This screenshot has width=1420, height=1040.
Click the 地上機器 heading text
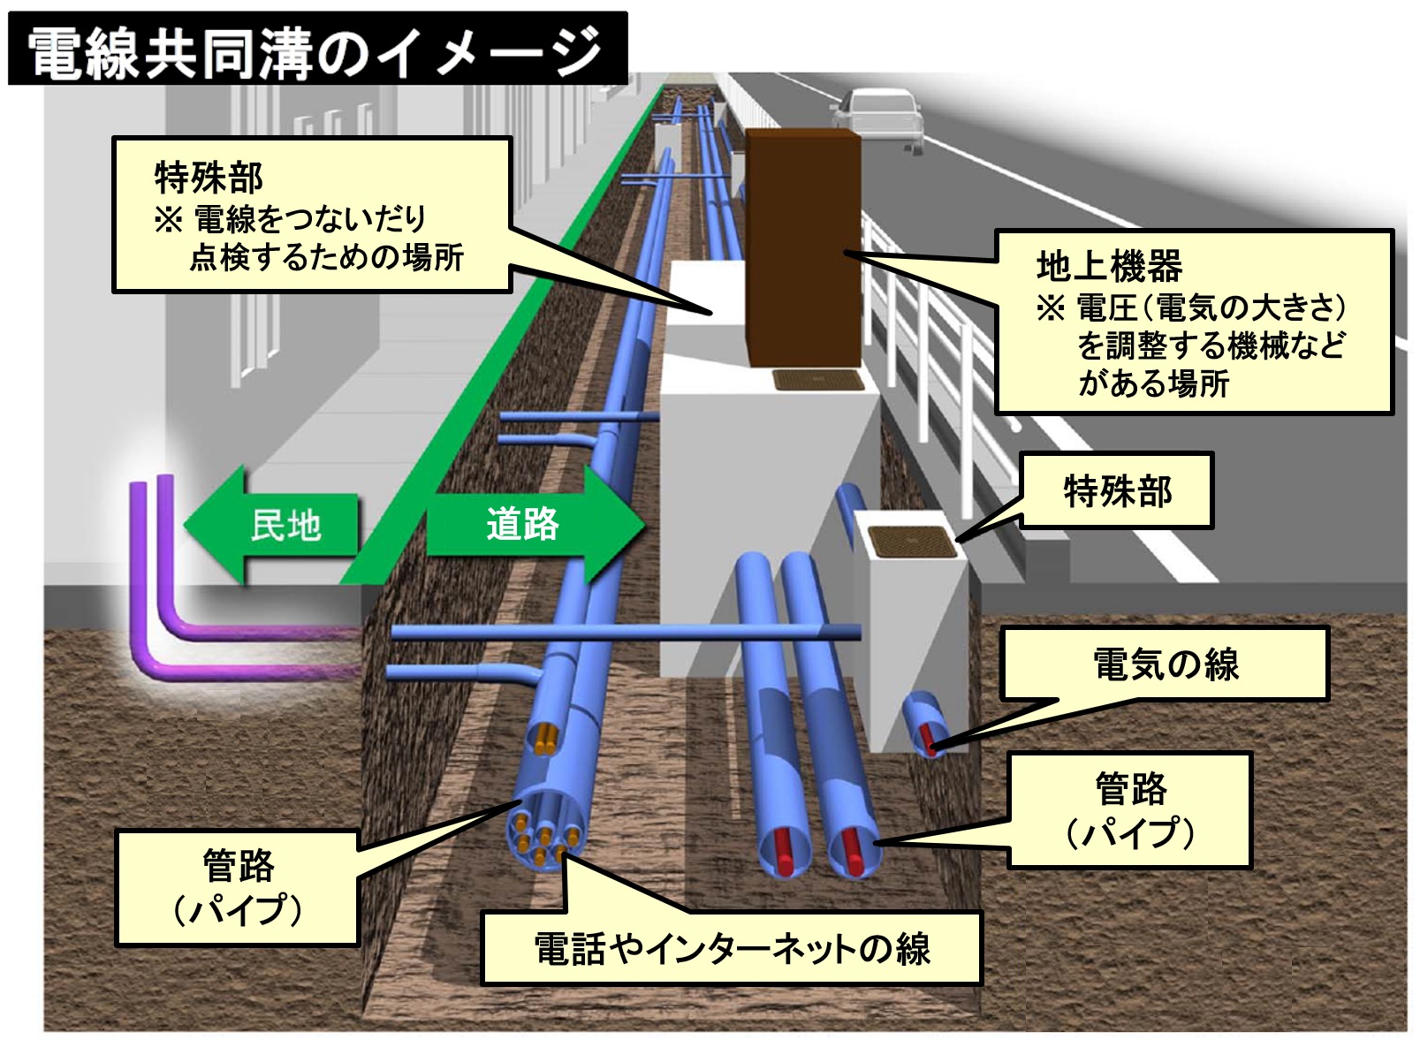[1108, 265]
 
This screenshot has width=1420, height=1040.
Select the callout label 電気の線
[1165, 664]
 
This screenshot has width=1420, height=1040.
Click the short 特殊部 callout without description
[1117, 491]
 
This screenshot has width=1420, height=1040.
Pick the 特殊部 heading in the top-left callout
[209, 178]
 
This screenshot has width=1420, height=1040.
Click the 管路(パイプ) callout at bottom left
[238, 887]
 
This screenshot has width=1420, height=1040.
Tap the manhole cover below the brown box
[817, 381]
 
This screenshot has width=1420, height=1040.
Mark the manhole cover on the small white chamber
[913, 541]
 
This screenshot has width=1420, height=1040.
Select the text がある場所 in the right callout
[1153, 383]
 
